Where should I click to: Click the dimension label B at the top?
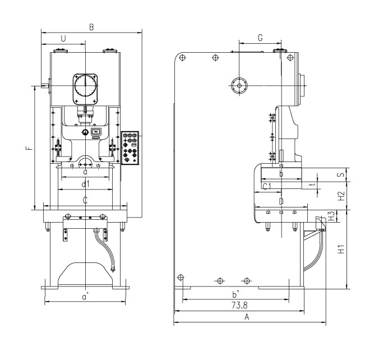tap(91, 26)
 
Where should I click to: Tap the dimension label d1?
tap(85, 184)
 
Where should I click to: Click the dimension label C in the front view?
tap(85, 200)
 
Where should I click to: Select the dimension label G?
tap(260, 38)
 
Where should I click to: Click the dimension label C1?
tap(267, 185)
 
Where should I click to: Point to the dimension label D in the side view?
tap(281, 201)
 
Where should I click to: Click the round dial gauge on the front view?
tap(85, 86)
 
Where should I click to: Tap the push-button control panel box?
tap(131, 147)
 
